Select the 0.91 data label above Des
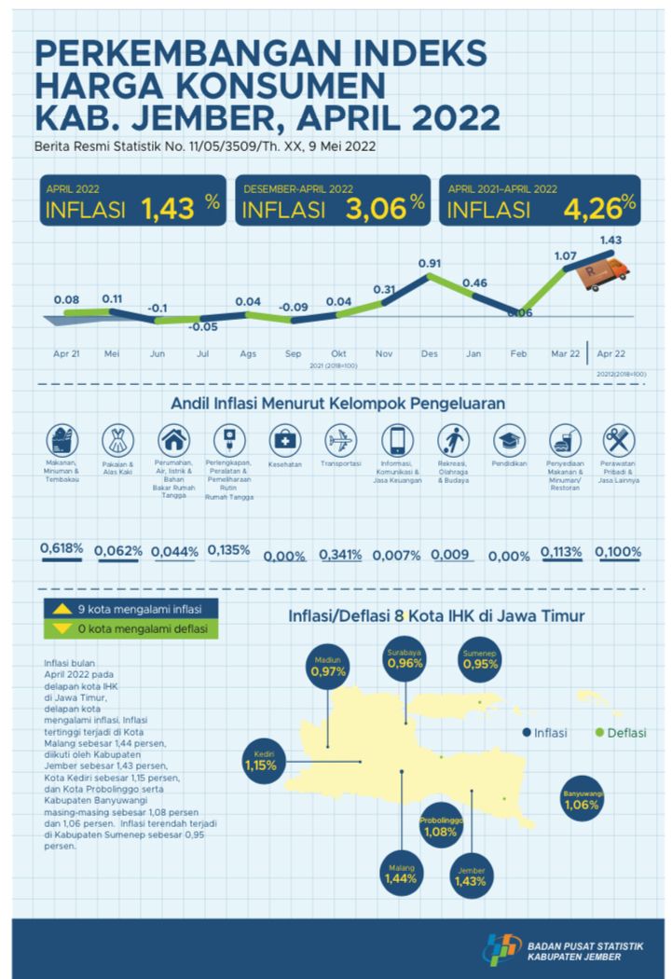429,263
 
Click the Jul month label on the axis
203,354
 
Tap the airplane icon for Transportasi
340,439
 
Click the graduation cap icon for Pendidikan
508,439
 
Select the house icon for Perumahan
172,439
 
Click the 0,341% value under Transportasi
340,554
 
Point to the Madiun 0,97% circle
329,666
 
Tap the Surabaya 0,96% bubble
405,659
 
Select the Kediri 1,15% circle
260,761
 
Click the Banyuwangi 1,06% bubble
583,799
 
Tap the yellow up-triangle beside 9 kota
62,610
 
